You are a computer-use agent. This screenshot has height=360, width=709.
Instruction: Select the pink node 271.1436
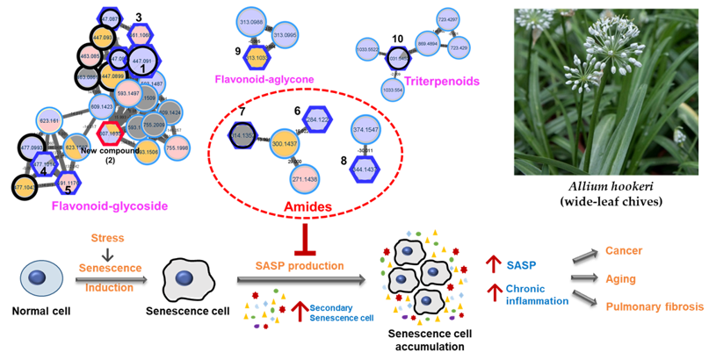tap(303, 178)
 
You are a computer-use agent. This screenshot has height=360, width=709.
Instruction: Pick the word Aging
tap(622, 278)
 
